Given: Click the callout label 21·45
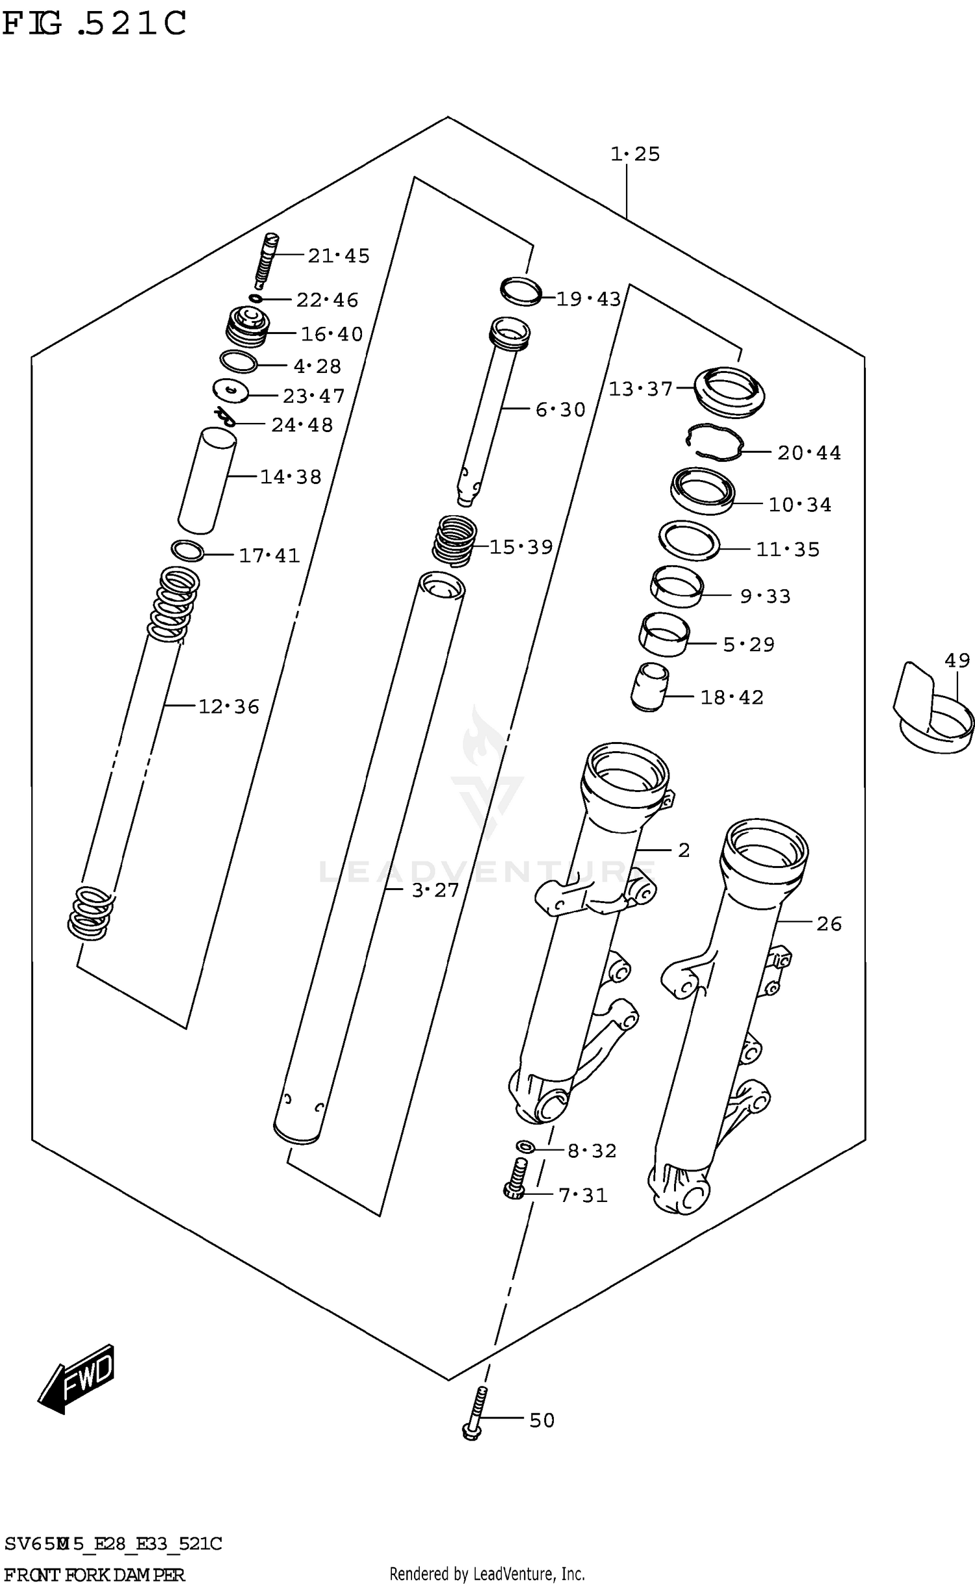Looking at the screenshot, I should pyautogui.click(x=339, y=256).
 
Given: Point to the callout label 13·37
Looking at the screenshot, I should pyautogui.click(x=640, y=389).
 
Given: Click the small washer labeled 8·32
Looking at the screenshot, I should pyautogui.click(x=525, y=1146).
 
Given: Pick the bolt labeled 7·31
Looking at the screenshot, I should pyautogui.click(x=515, y=1179).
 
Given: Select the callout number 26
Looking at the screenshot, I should pyautogui.click(x=829, y=924).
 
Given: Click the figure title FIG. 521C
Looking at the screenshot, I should pyautogui.click(x=94, y=24).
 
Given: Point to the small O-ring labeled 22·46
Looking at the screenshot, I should pyautogui.click(x=256, y=298).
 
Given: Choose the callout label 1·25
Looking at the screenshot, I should pyautogui.click(x=635, y=154).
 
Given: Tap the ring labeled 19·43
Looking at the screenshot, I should pyautogui.click(x=521, y=290).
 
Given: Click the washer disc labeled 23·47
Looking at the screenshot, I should pyautogui.click(x=231, y=390).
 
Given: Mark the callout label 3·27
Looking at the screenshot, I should pyautogui.click(x=435, y=890).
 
